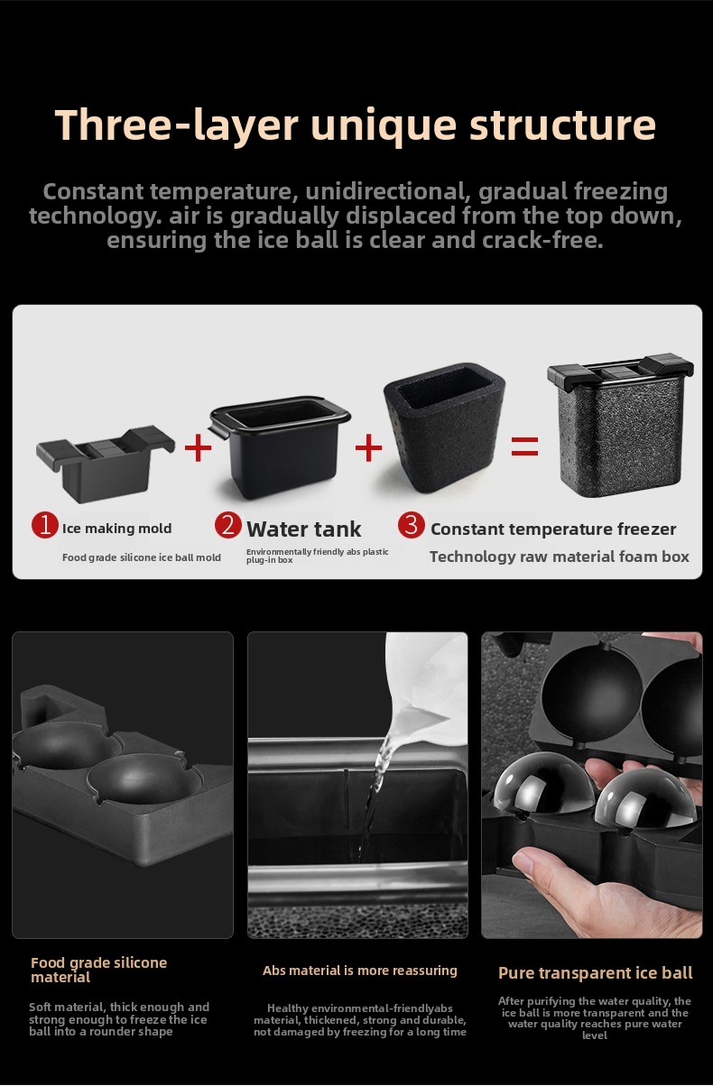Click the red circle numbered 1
44,525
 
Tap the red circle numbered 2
228,525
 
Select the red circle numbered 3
412,525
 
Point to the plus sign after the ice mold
198,447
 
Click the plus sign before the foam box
368,447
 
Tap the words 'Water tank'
303,529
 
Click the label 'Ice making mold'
117,529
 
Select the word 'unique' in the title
384,126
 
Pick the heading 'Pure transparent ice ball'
595,973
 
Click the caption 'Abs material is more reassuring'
360,971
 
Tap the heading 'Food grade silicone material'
99,970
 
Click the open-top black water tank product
280,446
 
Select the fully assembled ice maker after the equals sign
620,426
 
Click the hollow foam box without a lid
444,428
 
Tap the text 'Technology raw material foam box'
560,557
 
